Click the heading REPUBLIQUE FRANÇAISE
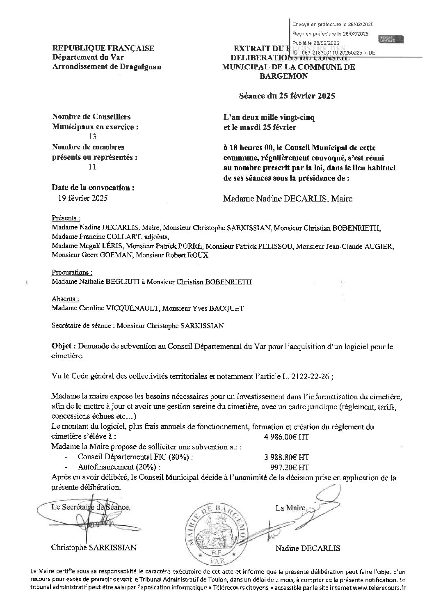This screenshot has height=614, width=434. tap(103, 48)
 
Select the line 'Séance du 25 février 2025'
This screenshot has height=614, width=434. tap(287, 96)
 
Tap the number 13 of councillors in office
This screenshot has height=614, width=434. tap(92, 137)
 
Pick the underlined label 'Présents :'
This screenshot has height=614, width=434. tap(66, 218)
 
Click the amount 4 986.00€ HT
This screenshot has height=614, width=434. tap(287, 437)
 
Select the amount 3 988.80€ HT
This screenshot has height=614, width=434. tap(287, 457)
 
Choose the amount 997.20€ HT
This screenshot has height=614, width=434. tap(290, 467)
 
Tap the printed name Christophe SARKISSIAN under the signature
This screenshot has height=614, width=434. tap(94, 548)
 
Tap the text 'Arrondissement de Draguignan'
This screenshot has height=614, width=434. tap(107, 66)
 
